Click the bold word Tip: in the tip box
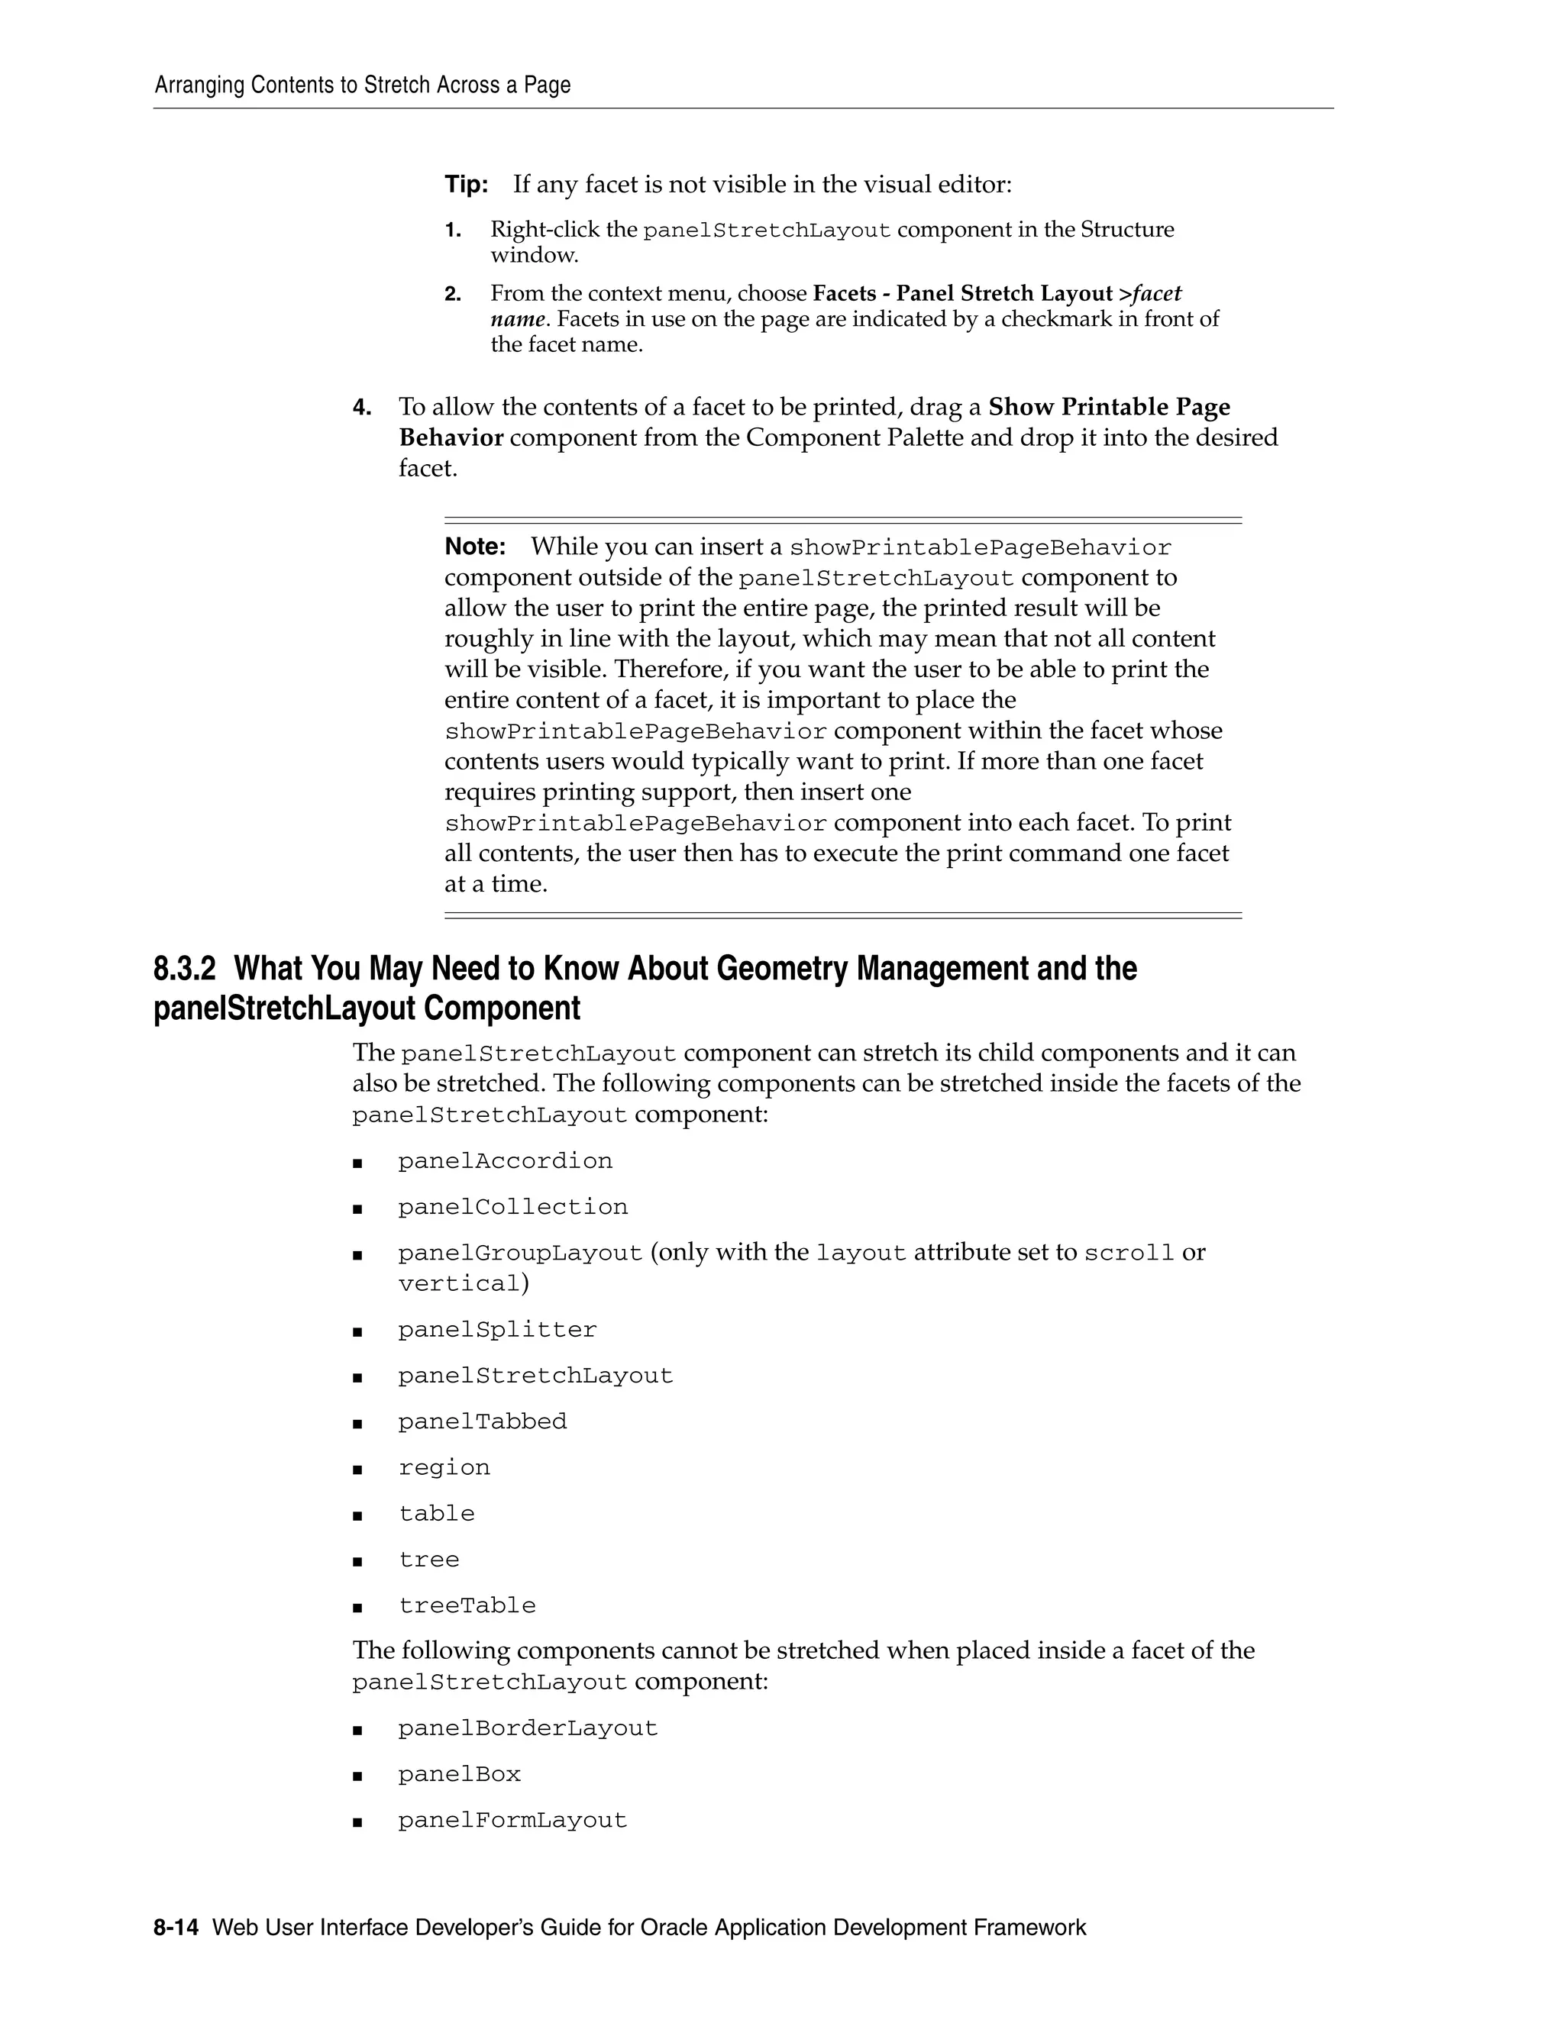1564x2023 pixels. click(x=466, y=184)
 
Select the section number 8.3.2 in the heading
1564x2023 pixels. click(x=184, y=969)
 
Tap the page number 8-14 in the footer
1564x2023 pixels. click(x=176, y=1928)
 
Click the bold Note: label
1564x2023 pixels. click(x=474, y=547)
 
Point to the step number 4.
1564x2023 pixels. click(x=361, y=408)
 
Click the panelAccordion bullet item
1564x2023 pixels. click(x=505, y=1162)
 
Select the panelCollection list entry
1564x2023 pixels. click(x=512, y=1208)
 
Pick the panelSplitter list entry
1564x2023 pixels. click(x=498, y=1330)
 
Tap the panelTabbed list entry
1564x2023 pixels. click(x=482, y=1422)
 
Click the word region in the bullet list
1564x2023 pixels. click(x=444, y=1468)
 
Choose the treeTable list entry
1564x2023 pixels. click(x=467, y=1606)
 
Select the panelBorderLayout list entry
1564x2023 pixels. click(x=527, y=1728)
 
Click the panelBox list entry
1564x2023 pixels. click(x=460, y=1775)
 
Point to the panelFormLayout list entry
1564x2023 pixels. click(x=512, y=1821)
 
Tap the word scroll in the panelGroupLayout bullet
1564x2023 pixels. click(x=1129, y=1253)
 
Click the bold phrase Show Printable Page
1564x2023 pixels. click(x=1109, y=408)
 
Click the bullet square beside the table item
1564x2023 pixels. click(x=357, y=1516)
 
